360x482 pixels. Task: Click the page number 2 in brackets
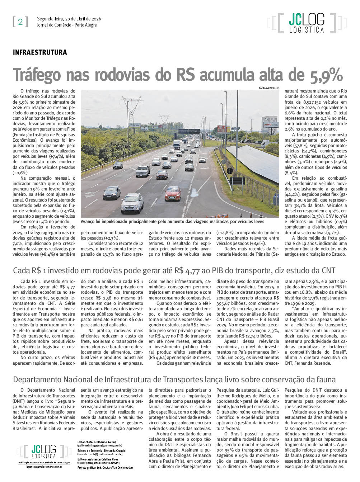(20, 22)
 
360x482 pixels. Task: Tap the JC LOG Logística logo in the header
(307, 23)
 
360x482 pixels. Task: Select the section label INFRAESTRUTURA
(40, 52)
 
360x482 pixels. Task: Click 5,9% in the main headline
(325, 75)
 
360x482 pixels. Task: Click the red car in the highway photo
(173, 193)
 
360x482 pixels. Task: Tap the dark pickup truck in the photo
(143, 171)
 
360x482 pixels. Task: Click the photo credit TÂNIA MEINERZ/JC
(268, 88)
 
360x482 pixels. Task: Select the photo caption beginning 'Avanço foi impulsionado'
(172, 222)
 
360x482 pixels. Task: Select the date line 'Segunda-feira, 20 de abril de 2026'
(69, 19)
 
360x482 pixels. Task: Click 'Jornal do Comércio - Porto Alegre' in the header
(67, 25)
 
